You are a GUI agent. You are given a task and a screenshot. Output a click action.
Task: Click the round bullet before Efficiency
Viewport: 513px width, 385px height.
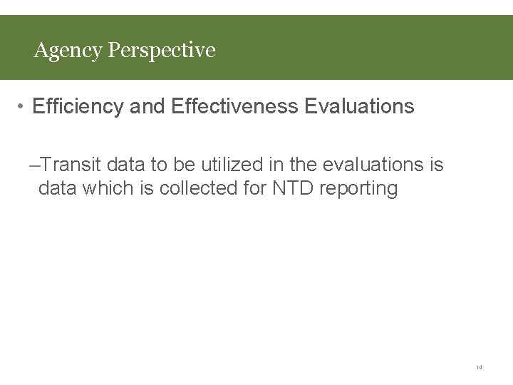[22, 107]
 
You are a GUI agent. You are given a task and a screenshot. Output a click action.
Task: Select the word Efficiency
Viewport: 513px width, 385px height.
[78, 107]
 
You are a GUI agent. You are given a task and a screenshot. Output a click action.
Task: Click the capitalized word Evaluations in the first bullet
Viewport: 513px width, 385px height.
[359, 107]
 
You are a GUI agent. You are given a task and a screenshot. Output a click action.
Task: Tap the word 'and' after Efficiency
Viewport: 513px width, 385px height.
[147, 107]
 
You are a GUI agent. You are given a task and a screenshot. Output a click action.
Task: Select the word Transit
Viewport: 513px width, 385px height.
[71, 165]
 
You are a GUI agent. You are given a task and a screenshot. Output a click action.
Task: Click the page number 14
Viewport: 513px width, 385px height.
[479, 368]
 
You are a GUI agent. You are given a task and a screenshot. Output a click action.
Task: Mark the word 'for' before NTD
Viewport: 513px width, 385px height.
[255, 189]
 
